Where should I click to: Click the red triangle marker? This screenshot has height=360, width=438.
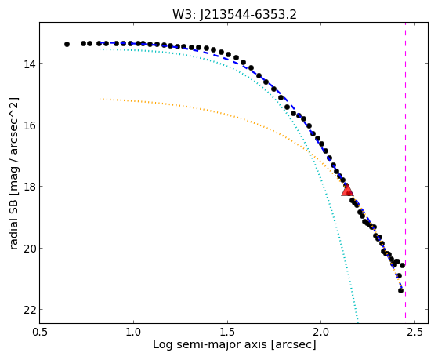click(x=347, y=191)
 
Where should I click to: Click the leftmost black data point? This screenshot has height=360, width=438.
click(x=67, y=44)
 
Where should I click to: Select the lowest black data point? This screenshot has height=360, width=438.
click(x=400, y=291)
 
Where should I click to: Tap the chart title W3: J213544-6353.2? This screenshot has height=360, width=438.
click(x=234, y=15)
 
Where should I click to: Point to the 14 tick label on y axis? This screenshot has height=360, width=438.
click(x=27, y=64)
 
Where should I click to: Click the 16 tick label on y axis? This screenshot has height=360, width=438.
click(x=27, y=125)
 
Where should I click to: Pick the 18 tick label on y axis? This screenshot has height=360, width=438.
click(x=27, y=187)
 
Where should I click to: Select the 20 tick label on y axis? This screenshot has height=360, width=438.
click(x=27, y=248)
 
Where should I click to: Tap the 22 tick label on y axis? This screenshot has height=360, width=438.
click(x=27, y=310)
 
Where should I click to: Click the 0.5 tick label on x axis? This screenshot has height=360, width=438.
click(x=40, y=332)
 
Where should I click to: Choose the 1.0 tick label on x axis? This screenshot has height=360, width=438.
click(x=134, y=332)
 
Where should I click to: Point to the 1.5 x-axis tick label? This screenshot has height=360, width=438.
click(x=228, y=332)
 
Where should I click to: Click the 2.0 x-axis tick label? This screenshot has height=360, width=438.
click(x=321, y=332)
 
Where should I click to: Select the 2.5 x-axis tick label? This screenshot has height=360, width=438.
click(x=415, y=332)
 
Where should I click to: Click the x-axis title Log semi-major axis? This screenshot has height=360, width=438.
click(x=210, y=344)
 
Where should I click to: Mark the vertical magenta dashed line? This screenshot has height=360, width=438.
click(x=405, y=173)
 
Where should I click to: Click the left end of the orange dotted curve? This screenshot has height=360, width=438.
click(x=100, y=99)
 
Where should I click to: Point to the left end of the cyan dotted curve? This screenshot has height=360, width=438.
click(x=100, y=49)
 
